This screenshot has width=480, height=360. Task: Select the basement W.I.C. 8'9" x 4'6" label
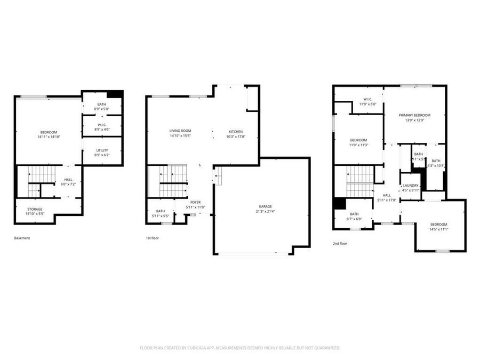point(102,127)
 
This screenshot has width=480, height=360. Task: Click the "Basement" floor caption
point(22,238)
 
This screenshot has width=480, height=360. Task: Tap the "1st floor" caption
point(152,238)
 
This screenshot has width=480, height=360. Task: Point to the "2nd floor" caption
point(340,243)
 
